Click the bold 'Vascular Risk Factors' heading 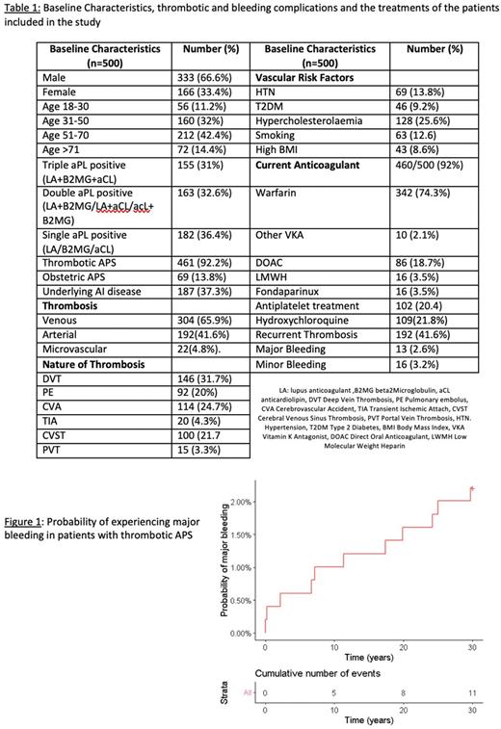(303, 77)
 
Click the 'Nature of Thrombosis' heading (93, 364)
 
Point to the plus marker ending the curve (472, 489)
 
